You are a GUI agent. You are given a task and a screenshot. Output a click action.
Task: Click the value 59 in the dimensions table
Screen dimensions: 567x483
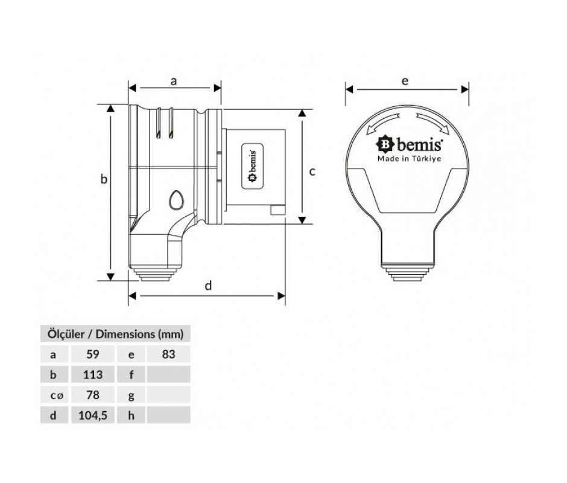pos(92,354)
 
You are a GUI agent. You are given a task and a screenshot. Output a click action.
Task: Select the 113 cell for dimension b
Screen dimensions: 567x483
pos(92,374)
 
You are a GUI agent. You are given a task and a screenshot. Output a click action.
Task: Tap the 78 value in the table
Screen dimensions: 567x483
pos(92,395)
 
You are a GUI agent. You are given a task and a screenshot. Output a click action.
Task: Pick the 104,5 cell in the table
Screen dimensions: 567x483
pos(92,415)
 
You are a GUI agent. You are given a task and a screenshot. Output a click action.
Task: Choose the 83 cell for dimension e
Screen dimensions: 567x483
pos(168,354)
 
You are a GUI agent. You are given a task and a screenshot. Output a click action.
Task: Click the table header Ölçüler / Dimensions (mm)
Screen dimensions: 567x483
pos(115,334)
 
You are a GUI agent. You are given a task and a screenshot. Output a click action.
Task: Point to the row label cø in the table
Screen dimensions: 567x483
pos(57,395)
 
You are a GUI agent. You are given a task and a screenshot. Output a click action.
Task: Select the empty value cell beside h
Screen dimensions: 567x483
pos(168,415)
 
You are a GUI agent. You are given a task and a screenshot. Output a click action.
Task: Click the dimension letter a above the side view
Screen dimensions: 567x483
pos(174,81)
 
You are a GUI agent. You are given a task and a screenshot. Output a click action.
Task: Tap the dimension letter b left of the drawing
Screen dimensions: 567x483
pos(104,179)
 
